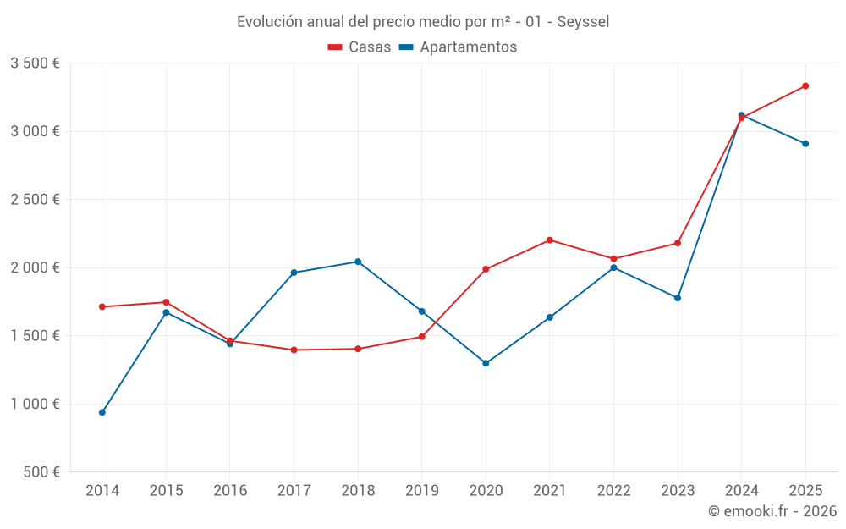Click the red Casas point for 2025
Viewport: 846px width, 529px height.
click(805, 85)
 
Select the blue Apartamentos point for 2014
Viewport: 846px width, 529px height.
click(102, 412)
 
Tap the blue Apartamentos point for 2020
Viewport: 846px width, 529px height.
click(486, 363)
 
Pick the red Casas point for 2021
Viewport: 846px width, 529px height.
click(550, 240)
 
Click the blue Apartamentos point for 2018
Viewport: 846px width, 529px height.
click(358, 262)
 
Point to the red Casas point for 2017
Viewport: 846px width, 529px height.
click(294, 350)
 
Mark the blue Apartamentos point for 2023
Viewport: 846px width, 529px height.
click(678, 298)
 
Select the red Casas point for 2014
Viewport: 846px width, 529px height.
click(102, 306)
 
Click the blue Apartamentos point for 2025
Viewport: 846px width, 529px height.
click(805, 144)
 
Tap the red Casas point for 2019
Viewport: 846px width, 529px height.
click(422, 337)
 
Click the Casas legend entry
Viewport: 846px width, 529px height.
click(360, 47)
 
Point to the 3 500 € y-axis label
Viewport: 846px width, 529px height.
click(35, 63)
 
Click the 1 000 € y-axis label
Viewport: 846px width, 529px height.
click(35, 405)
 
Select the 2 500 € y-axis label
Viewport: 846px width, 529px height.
click(35, 200)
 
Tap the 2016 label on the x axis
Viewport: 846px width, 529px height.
click(230, 491)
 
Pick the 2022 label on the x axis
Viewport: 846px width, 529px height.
click(613, 491)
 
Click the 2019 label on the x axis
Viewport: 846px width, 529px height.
click(422, 491)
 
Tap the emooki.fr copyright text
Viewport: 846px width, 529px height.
click(772, 511)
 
